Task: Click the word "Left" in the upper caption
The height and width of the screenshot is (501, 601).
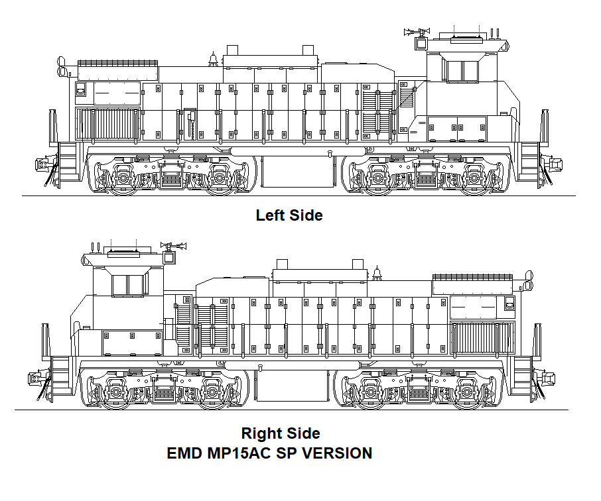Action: [269, 215]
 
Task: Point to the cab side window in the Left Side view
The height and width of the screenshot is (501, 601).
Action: [461, 71]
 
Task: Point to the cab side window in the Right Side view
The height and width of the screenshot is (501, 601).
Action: [129, 285]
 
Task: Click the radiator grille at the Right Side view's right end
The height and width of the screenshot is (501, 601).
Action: [482, 337]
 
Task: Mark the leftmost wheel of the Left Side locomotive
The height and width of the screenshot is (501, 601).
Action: [123, 178]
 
